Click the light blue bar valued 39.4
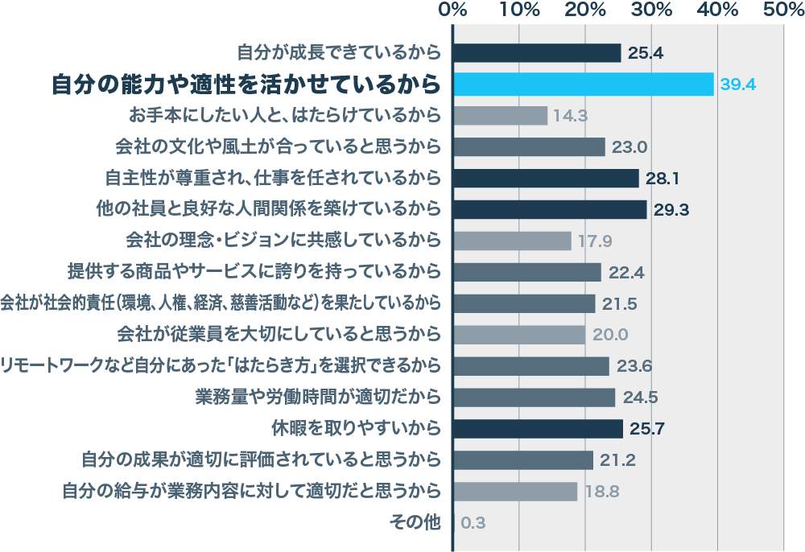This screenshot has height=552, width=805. click(x=584, y=84)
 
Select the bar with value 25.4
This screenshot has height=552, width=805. click(x=537, y=53)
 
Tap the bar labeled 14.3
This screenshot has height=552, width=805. click(x=500, y=115)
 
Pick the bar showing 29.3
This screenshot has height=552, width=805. click(x=550, y=209)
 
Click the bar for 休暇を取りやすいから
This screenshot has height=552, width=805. click(x=538, y=428)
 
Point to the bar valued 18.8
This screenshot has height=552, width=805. click(x=515, y=491)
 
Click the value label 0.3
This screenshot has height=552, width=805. click(x=473, y=523)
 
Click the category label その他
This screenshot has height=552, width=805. click(x=415, y=522)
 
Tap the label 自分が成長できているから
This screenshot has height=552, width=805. click(x=339, y=53)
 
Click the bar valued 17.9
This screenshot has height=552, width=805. click(x=512, y=241)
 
